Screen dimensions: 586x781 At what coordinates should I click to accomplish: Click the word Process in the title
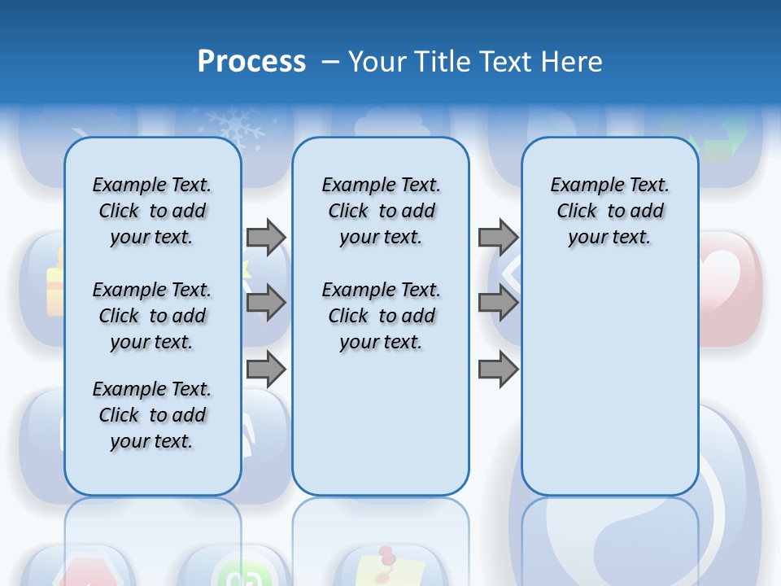point(251,61)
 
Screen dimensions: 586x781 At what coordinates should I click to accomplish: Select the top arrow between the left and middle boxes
point(266,237)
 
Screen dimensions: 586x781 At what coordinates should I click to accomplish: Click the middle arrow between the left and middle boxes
point(266,303)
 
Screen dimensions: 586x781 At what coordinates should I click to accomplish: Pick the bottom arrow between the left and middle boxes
point(266,369)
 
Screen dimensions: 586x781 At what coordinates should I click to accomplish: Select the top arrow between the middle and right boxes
point(498,237)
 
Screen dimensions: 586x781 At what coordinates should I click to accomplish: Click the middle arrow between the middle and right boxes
point(498,303)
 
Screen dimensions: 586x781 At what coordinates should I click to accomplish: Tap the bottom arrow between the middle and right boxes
point(498,369)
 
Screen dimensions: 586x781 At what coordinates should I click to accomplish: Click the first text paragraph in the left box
point(152,211)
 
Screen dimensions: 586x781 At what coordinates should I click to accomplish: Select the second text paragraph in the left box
point(152,316)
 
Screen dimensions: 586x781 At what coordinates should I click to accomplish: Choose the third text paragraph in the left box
point(152,415)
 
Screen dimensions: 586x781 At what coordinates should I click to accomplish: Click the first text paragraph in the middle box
point(381,211)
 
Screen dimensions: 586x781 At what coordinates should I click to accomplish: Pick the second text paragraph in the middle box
point(381,316)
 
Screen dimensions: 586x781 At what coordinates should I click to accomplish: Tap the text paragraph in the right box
point(609,211)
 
